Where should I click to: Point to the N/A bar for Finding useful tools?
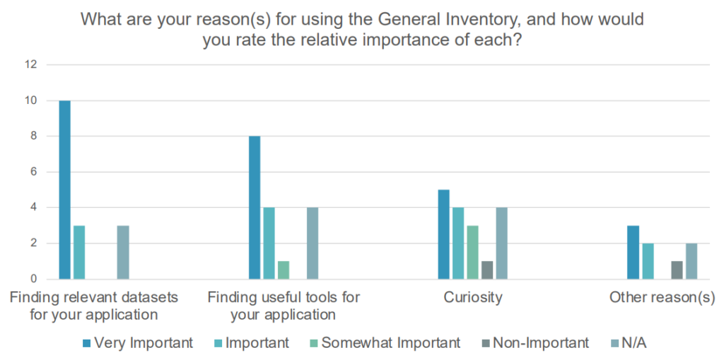click(x=313, y=243)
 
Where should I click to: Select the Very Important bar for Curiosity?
click(x=443, y=234)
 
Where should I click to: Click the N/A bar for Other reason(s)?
click(x=691, y=261)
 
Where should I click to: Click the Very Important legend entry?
click(x=138, y=343)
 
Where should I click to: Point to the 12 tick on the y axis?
click(x=30, y=65)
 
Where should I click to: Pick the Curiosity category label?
click(x=473, y=297)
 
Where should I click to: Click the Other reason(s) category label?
click(x=662, y=297)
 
